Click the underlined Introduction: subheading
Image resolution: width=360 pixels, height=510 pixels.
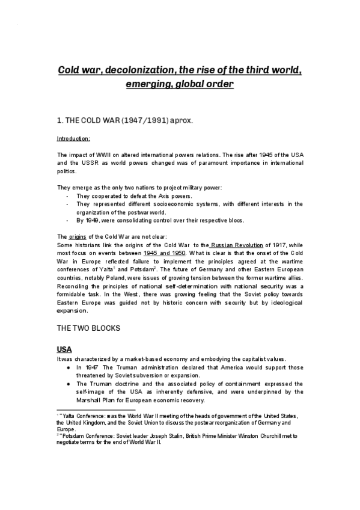[73, 139]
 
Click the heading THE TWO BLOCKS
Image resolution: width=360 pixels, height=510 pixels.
[88, 329]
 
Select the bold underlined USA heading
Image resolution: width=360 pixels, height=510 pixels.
[64, 349]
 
